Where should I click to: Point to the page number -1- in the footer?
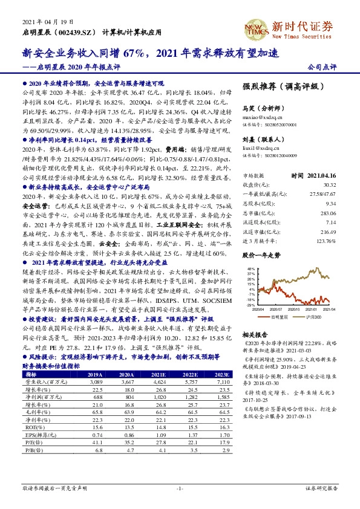coord(180,487)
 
